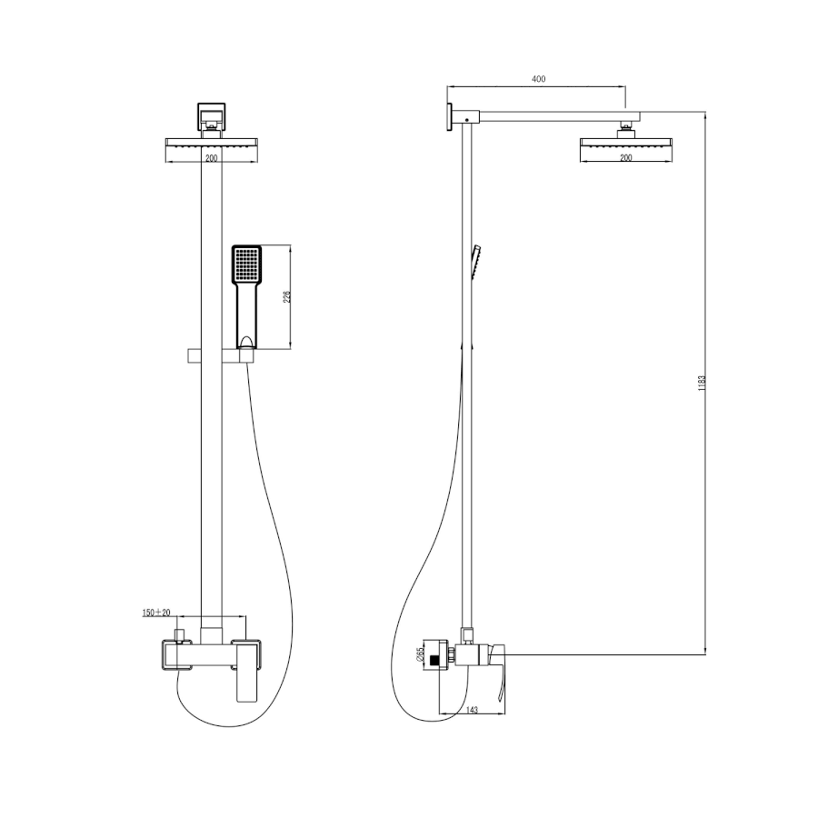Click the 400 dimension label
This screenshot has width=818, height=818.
[x=538, y=79]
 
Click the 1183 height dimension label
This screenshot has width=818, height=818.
[x=702, y=383]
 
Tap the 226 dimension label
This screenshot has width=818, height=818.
[x=286, y=297]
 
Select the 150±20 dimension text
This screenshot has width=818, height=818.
[x=156, y=613]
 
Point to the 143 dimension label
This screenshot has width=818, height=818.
[x=472, y=710]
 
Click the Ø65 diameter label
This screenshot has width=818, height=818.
[x=420, y=654]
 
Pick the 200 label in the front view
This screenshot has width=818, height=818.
[x=211, y=158]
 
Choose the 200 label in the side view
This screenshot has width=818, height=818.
[x=626, y=157]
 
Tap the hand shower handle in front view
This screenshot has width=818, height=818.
[x=247, y=315]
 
